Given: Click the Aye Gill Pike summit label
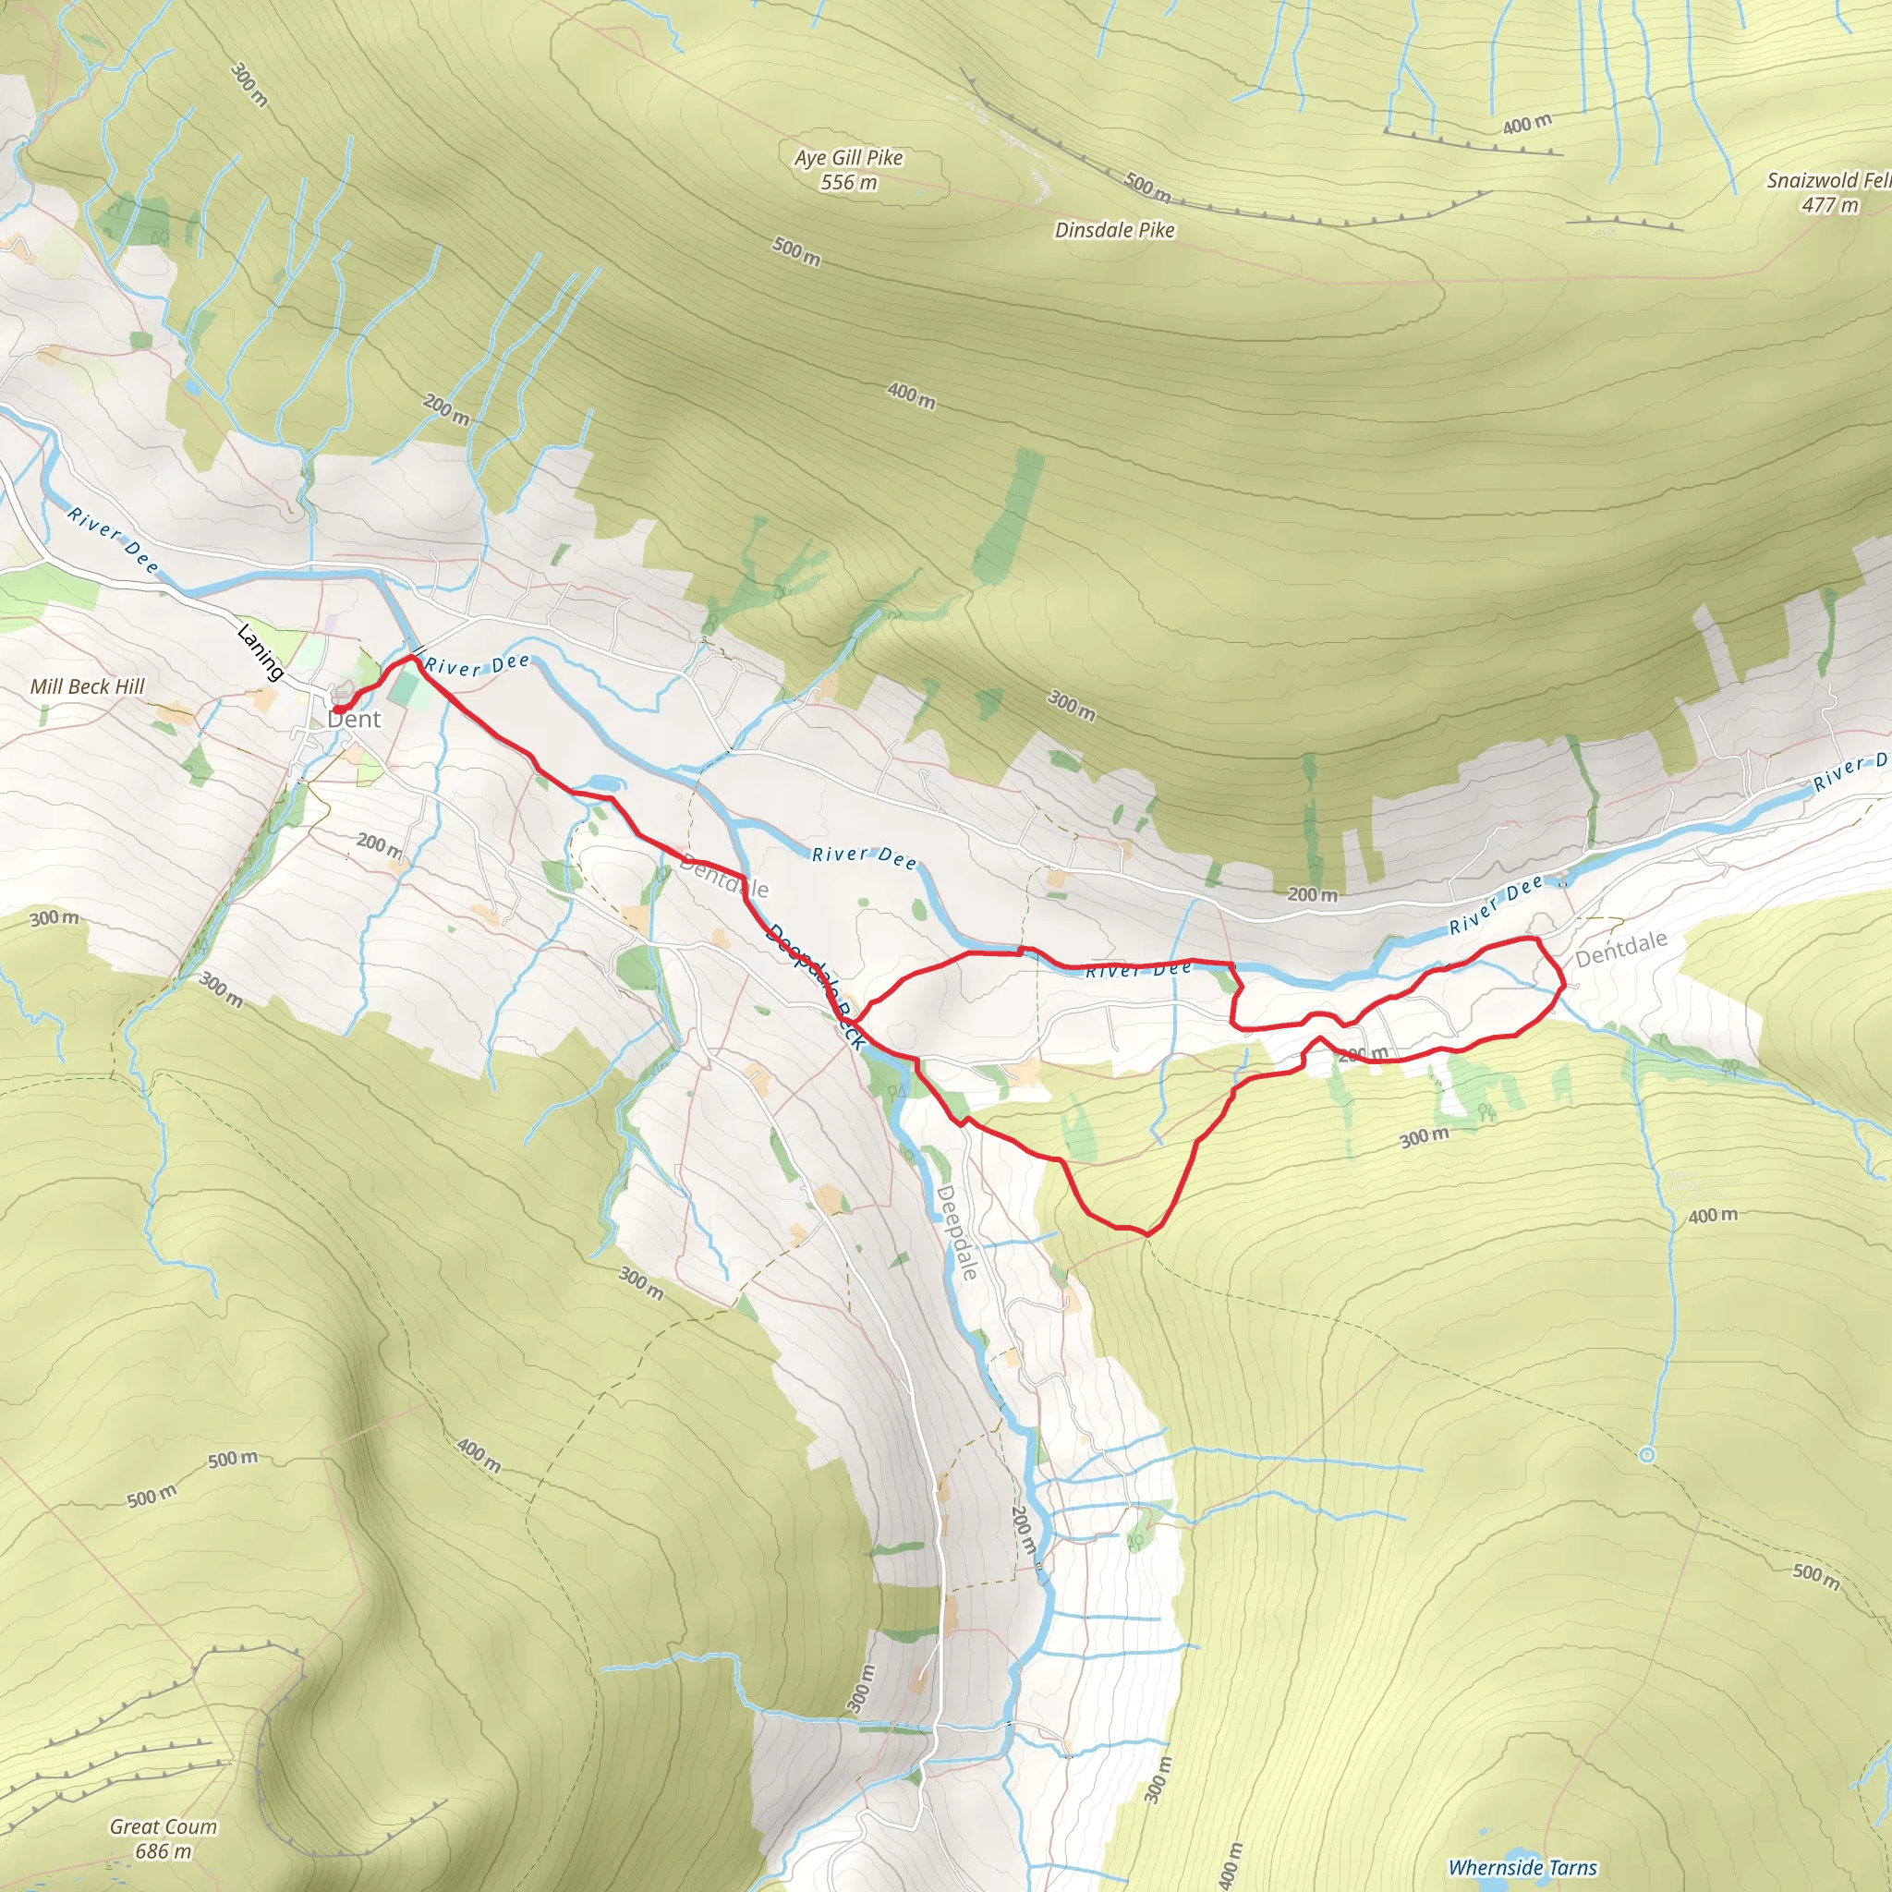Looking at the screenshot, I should pyautogui.click(x=848, y=158).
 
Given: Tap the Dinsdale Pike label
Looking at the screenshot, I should pyautogui.click(x=1114, y=230).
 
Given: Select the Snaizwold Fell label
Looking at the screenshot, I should pyautogui.click(x=1827, y=180).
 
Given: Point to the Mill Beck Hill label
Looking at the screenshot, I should pyautogui.click(x=87, y=686).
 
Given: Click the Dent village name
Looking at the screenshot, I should pyautogui.click(x=354, y=720).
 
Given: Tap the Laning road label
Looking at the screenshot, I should pyautogui.click(x=261, y=652).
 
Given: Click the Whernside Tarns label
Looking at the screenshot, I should pyautogui.click(x=1522, y=1867).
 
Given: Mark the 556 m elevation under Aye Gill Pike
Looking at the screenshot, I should pyautogui.click(x=849, y=182).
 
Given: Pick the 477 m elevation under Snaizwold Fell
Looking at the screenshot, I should pyautogui.click(x=1829, y=205).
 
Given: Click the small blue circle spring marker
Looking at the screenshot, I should pyautogui.click(x=1647, y=1455).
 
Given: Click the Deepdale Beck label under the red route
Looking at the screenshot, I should pyautogui.click(x=816, y=985).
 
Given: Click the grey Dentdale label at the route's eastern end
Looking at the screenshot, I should pyautogui.click(x=1620, y=948).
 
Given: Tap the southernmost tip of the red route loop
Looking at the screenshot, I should pyautogui.click(x=1146, y=1235).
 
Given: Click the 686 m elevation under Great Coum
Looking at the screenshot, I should pyautogui.click(x=164, y=1850).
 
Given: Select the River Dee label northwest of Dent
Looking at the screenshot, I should pyautogui.click(x=113, y=539).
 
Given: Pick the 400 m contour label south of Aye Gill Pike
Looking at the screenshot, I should pyautogui.click(x=911, y=395).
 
